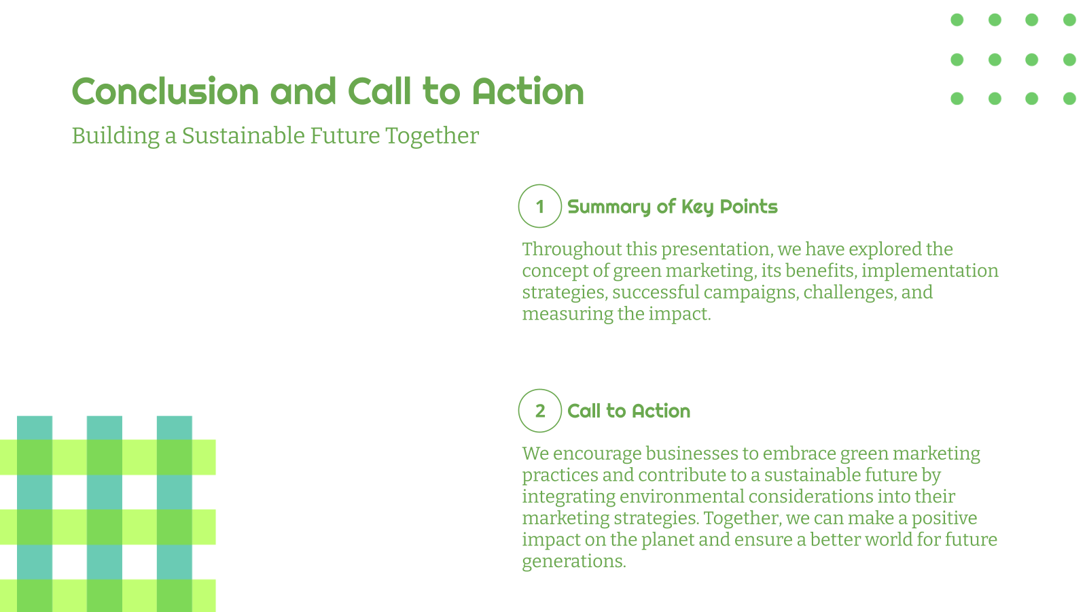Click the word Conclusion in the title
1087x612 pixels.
coord(165,92)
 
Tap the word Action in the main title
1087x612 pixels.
coord(528,92)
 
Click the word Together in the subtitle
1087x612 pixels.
coord(432,136)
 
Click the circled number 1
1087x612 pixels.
coord(539,206)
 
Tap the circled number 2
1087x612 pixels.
coord(539,411)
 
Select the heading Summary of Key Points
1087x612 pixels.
coord(672,207)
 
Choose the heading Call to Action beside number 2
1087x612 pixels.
coord(628,411)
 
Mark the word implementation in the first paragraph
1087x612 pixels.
coord(929,271)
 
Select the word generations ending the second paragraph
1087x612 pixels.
coord(573,562)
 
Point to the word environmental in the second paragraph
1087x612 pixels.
coord(681,496)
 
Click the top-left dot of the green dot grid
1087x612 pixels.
coord(957,20)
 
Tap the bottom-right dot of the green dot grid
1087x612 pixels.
coord(1069,99)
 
